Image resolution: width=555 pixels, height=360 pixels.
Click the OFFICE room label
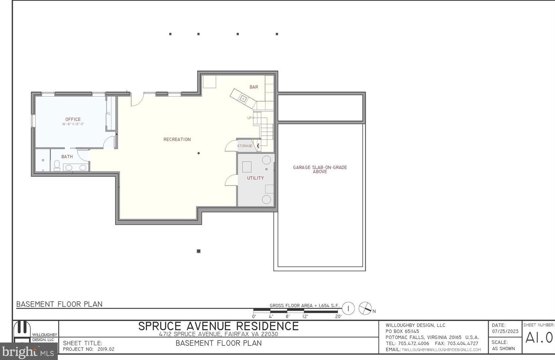coord(73,119)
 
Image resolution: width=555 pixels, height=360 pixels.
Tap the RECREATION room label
coord(177,140)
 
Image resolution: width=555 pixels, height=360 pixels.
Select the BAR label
coord(253,87)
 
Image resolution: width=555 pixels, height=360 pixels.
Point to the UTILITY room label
coord(255,178)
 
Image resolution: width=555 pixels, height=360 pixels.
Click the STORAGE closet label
coord(245,146)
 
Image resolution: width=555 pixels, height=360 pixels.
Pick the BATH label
coord(67,157)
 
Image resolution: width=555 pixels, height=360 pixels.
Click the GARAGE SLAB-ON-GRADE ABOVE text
coord(320,169)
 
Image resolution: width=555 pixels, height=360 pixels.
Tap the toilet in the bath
coord(57,165)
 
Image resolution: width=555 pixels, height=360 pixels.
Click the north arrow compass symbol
coord(365,309)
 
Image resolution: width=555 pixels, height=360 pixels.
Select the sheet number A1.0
coord(539,338)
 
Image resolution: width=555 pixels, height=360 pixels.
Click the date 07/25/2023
coord(505,331)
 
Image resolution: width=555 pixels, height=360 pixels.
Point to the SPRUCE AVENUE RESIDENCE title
coord(218,326)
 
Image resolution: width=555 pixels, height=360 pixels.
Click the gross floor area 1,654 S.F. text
coord(304,306)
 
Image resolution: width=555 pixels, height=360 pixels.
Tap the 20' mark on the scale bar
coord(338,317)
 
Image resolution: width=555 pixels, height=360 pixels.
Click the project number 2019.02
coord(106,349)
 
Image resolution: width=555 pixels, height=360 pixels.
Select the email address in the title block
coord(441,350)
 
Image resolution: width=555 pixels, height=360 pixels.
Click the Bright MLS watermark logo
coord(28,352)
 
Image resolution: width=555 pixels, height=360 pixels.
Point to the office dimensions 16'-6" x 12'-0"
coord(73,124)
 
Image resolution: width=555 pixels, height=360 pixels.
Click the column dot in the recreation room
coord(199,153)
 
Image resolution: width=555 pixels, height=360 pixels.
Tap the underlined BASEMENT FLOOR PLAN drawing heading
coord(59,304)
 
